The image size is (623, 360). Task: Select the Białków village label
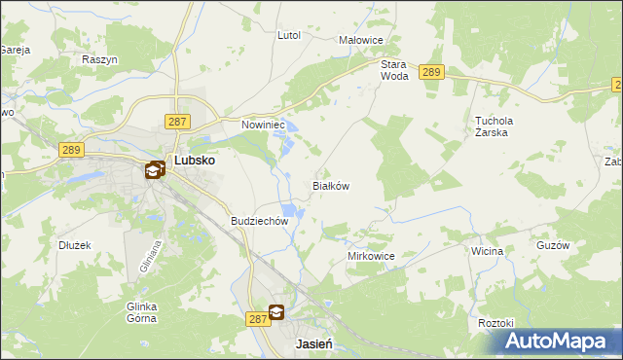[x=330, y=185]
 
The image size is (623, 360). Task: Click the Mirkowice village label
[x=371, y=256]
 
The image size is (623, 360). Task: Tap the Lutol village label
[x=289, y=35]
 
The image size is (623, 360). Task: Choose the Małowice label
[x=361, y=40]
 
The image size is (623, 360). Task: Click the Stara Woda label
[x=393, y=69]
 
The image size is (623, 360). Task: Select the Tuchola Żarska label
[x=494, y=127]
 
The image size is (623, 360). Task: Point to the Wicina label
[x=487, y=251]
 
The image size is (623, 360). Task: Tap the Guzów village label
[x=552, y=246]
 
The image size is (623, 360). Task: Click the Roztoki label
[x=495, y=322]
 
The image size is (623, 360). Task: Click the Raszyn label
[x=100, y=59]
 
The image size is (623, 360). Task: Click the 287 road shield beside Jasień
[x=257, y=318]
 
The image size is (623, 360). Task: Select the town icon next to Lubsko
[x=155, y=170]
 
